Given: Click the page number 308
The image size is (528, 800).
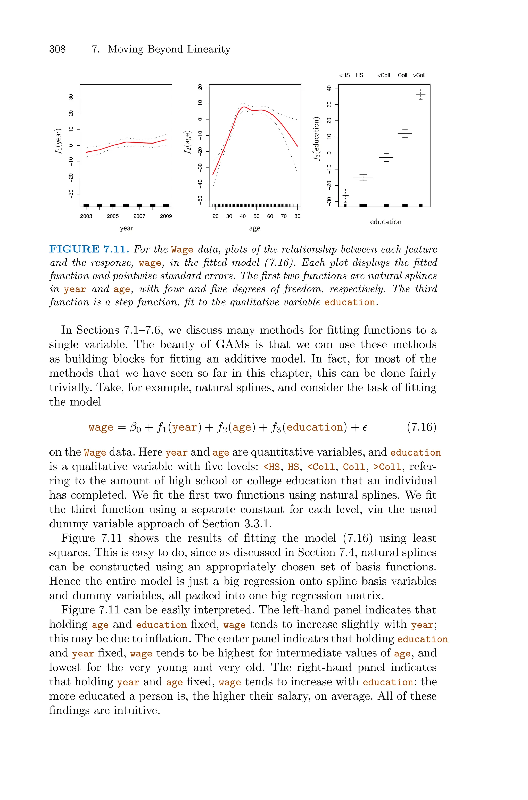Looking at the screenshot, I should coord(57,49).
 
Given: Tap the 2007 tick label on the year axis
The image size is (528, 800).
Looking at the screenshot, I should coord(139,216).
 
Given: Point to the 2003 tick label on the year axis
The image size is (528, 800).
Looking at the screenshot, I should coord(86,216).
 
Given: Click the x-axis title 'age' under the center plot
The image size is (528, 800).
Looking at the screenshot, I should coord(254,229).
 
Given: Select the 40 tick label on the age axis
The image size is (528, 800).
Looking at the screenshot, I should coord(243,216).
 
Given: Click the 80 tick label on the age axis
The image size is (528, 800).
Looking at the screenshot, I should coord(297,216).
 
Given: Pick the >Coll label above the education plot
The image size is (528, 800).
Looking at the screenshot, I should coord(419,75).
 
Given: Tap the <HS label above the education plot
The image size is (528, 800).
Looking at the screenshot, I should coord(344,75).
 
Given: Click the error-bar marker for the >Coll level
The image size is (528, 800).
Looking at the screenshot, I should coord(420,94).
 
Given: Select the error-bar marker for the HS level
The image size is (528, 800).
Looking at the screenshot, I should coord(363,178).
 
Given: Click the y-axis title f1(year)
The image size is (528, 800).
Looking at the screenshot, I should coord(59,141).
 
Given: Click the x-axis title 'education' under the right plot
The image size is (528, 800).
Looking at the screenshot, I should coord(386,222).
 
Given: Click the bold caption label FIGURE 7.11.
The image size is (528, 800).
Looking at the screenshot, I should coord(89,249).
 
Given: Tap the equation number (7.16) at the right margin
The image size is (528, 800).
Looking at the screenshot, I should coord(421,427).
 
